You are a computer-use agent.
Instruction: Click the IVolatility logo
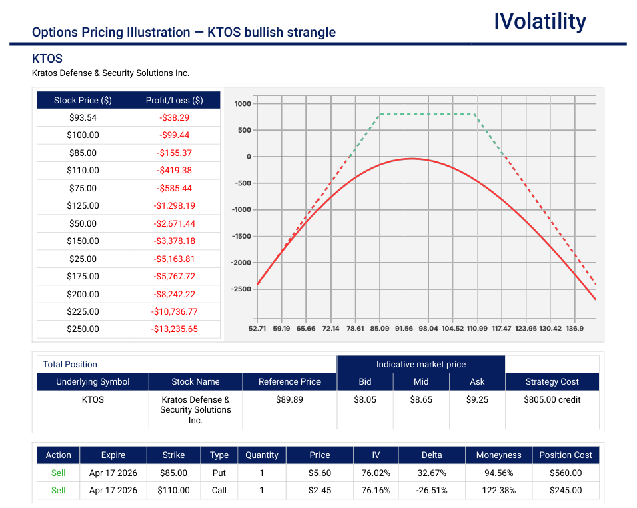(x=540, y=22)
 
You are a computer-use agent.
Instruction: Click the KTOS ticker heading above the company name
(x=47, y=59)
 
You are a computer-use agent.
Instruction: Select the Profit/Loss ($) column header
(x=174, y=100)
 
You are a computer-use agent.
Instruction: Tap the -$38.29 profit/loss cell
(x=174, y=117)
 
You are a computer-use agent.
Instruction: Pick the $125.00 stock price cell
(x=83, y=206)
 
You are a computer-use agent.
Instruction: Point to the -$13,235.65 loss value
(x=174, y=329)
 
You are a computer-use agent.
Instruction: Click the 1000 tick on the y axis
(x=242, y=104)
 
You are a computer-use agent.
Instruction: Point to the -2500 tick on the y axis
(x=241, y=289)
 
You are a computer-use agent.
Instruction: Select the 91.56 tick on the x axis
(x=404, y=329)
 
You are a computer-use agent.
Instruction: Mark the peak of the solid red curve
(x=412, y=159)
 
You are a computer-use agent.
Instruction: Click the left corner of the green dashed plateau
(x=380, y=114)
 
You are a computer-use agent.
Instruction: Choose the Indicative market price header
(x=420, y=364)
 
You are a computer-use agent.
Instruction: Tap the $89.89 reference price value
(x=290, y=400)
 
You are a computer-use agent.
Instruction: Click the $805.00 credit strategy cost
(x=552, y=400)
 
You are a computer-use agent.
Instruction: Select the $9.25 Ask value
(x=477, y=400)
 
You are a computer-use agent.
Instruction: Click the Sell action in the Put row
(x=59, y=473)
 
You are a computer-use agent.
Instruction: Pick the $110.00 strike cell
(x=173, y=490)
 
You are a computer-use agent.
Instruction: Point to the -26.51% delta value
(x=431, y=490)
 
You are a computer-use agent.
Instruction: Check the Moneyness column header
(x=498, y=455)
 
